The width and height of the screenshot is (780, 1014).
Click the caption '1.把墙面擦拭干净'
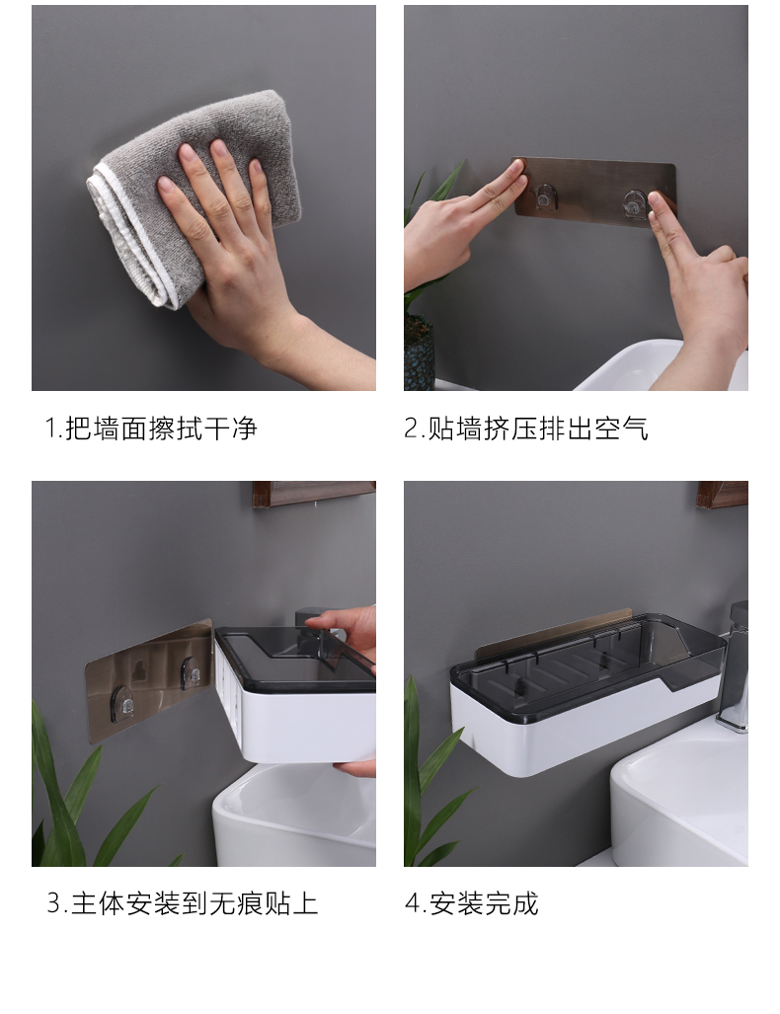(x=151, y=429)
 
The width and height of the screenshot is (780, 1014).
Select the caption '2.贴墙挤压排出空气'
(x=526, y=429)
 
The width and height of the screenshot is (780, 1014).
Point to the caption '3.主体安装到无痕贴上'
(x=183, y=903)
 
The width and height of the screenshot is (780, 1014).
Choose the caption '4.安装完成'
(x=472, y=903)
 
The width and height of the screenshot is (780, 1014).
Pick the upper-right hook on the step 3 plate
(x=191, y=672)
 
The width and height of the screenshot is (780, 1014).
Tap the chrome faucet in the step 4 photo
(x=734, y=666)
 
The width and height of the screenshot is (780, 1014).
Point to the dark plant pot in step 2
(x=419, y=352)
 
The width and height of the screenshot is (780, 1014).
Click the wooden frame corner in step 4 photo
(x=723, y=494)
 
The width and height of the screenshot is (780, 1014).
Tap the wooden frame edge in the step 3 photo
(x=314, y=494)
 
